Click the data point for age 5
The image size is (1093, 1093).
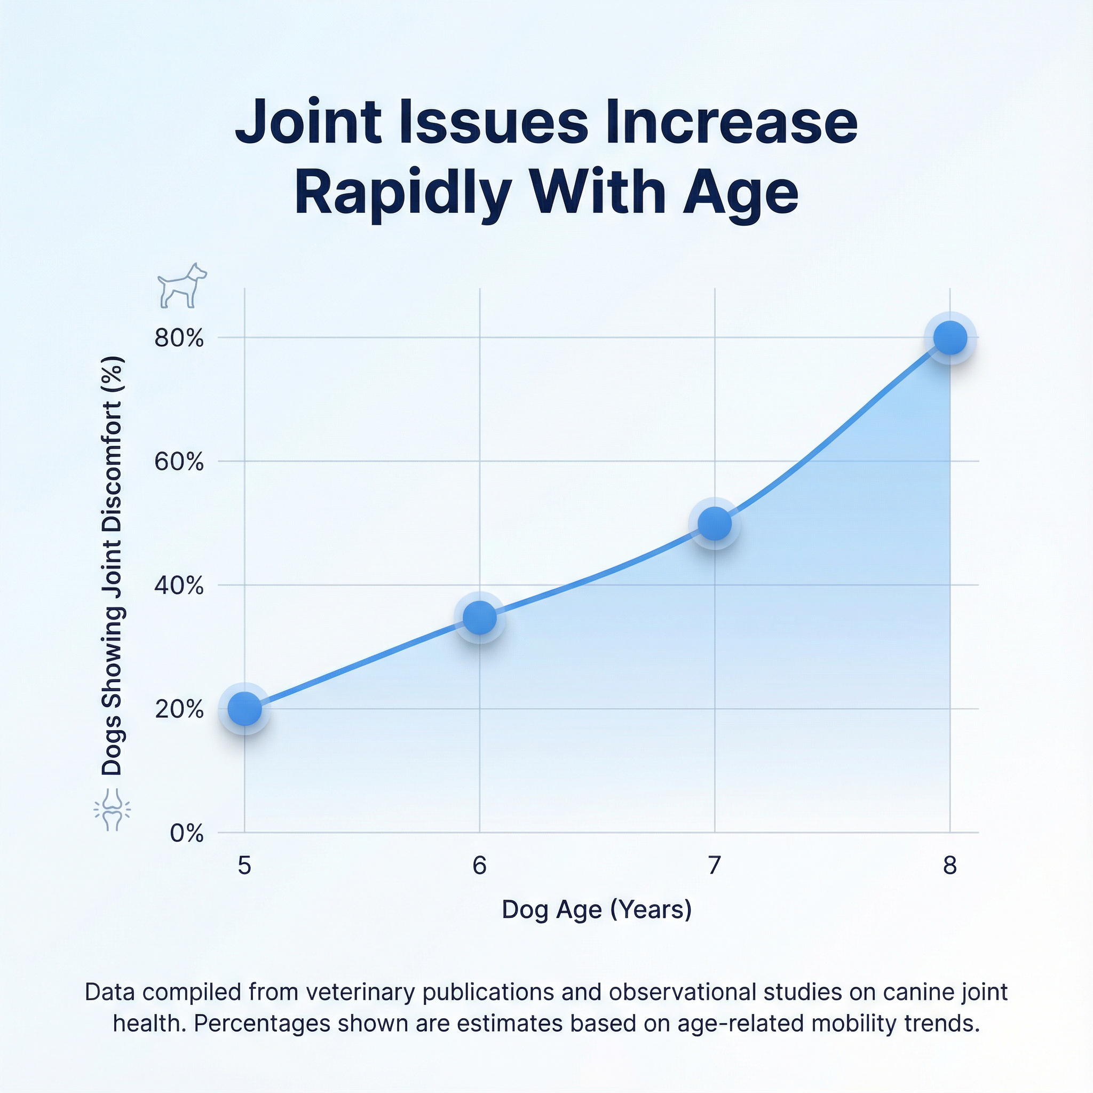point(244,708)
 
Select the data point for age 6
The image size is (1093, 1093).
point(480,617)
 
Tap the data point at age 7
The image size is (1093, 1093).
point(715,524)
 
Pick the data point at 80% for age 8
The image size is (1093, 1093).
point(950,338)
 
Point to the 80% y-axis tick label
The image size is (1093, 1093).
point(179,338)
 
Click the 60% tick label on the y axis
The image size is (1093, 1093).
point(179,462)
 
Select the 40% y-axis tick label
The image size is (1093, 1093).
point(179,585)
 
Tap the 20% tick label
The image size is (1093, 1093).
point(179,709)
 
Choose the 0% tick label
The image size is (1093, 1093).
point(186,833)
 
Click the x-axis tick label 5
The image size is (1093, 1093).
point(244,866)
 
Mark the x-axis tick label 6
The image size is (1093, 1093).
point(480,866)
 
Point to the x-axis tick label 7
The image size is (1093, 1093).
point(715,866)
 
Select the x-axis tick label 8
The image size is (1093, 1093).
point(950,866)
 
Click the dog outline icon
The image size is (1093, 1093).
point(181,285)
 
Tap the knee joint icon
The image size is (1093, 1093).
point(112,810)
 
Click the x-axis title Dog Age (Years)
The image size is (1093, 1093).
point(597,910)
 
